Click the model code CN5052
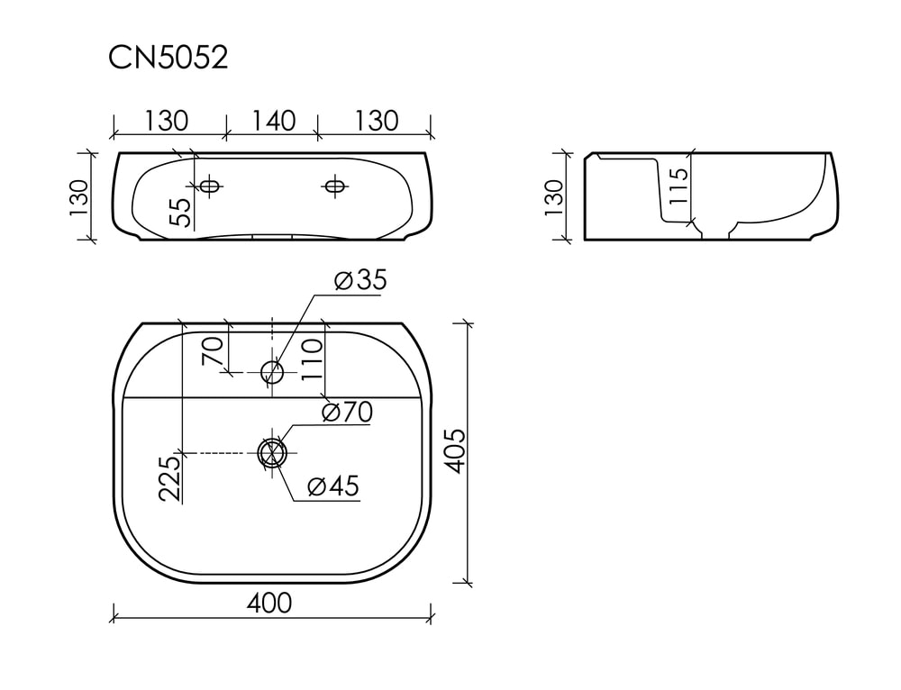(168, 58)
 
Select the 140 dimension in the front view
(273, 121)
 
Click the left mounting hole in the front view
(209, 186)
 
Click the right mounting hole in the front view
(334, 186)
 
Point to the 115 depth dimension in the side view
(678, 185)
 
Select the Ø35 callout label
(361, 280)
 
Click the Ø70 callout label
(347, 412)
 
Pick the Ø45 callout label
(333, 486)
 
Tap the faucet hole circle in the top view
(272, 372)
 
